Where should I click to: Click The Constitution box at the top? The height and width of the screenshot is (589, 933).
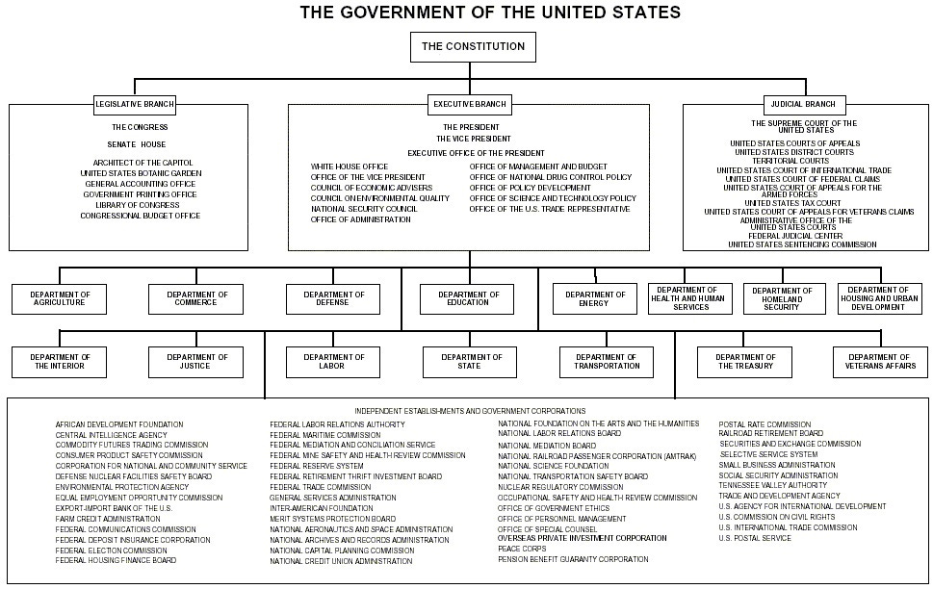472,46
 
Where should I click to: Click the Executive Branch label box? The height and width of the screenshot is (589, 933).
471,104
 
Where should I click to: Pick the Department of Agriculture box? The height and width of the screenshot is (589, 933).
60,298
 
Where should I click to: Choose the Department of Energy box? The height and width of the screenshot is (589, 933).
594,298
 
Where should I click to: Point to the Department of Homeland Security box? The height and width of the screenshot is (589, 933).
782,298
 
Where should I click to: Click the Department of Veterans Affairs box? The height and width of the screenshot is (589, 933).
881,362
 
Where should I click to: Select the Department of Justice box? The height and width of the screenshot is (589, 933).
195,362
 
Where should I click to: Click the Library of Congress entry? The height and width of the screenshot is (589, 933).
143,205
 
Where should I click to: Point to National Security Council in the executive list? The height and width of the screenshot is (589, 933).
364,209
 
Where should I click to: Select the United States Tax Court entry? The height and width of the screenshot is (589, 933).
792,203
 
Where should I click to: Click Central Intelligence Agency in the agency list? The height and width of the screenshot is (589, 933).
112,435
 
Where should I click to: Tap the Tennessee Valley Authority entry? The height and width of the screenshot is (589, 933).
772,485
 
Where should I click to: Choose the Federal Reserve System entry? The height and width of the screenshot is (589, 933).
317,466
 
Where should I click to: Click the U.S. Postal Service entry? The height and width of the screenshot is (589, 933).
755,538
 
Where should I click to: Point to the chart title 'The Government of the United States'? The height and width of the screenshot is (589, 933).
490,13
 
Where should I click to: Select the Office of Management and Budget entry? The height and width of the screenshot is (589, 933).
538,166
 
